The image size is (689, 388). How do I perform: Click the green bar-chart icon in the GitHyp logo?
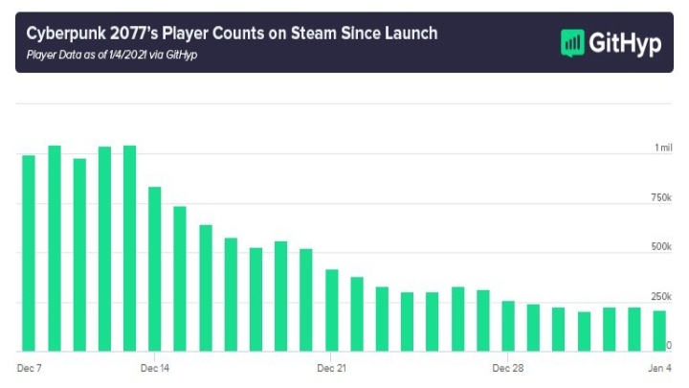[572, 43]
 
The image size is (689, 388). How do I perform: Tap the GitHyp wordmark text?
[625, 43]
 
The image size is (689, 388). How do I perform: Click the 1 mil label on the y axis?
[663, 148]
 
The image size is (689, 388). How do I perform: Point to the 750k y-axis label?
[661, 197]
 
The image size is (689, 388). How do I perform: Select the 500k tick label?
[661, 247]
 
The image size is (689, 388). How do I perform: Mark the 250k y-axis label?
[661, 296]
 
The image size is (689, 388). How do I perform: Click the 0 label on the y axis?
[669, 345]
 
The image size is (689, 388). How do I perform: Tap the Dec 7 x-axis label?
[31, 367]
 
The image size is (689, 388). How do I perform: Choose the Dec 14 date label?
[155, 367]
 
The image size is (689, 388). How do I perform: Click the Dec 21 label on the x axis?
[331, 367]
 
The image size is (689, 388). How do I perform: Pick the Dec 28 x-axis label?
[507, 367]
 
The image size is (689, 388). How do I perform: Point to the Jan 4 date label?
[658, 367]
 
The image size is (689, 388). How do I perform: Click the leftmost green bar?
[29, 253]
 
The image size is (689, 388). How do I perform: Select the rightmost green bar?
[658, 331]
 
